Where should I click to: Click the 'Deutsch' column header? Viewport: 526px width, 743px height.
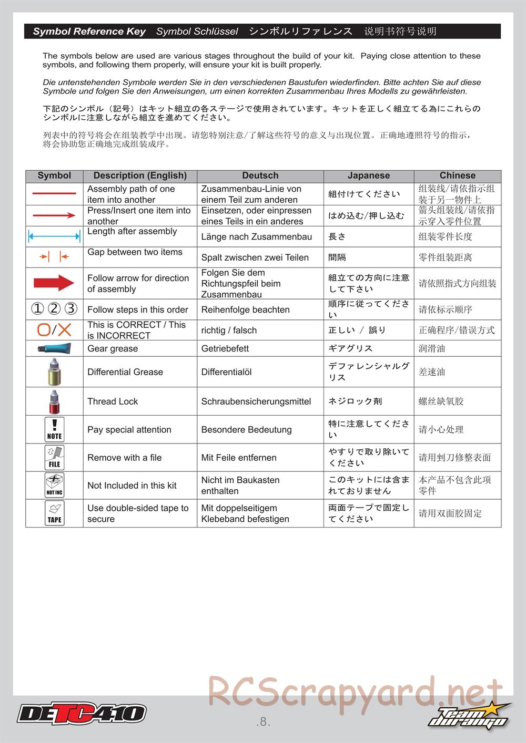pyautogui.click(x=260, y=176)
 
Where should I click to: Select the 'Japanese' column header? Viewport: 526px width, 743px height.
pyautogui.click(x=368, y=176)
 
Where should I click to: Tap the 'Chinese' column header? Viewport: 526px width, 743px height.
pyautogui.click(x=457, y=176)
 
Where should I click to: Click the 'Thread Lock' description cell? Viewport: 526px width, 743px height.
pyautogui.click(x=113, y=401)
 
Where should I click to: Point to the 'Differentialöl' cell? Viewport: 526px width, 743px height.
pyautogui.click(x=226, y=372)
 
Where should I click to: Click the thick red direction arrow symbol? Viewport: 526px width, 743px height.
pyautogui.click(x=54, y=283)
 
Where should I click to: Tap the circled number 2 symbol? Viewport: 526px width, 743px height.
pyautogui.click(x=54, y=308)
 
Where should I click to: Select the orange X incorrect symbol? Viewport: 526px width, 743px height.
pyautogui.click(x=65, y=330)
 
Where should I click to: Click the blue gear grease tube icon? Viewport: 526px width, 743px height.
pyautogui.click(x=54, y=348)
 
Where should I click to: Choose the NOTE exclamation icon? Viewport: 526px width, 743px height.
pyautogui.click(x=54, y=429)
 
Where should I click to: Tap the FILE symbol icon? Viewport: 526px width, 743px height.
pyautogui.click(x=54, y=457)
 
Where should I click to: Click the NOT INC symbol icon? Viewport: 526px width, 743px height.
pyautogui.click(x=54, y=485)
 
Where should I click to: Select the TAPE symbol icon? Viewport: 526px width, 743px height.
pyautogui.click(x=54, y=513)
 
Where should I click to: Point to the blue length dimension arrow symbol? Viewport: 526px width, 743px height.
pyautogui.click(x=54, y=236)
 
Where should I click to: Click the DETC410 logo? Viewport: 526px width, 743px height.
pyautogui.click(x=82, y=713)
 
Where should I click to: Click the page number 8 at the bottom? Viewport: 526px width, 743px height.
pyautogui.click(x=263, y=722)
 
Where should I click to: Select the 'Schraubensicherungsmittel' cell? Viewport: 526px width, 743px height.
pyautogui.click(x=256, y=401)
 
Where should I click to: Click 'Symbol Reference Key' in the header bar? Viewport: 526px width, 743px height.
pyautogui.click(x=89, y=32)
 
